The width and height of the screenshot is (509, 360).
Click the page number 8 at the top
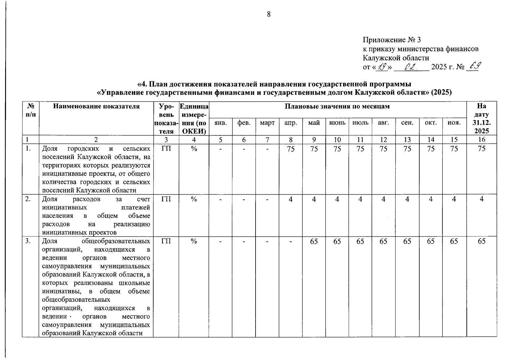click(268, 14)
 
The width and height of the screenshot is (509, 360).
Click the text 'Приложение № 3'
click(392, 40)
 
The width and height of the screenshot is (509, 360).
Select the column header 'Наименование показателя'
click(96, 106)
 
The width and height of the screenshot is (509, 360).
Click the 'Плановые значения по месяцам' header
click(337, 106)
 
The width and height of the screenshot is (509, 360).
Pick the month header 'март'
click(267, 123)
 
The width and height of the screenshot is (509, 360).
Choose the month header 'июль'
click(360, 123)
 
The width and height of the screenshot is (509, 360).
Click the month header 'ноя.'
click(454, 123)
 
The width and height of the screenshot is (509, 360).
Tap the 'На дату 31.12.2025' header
click(481, 118)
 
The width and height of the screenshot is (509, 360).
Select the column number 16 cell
click(481, 139)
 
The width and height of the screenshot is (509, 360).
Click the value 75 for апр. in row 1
click(290, 149)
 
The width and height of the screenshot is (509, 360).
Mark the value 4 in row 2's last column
click(481, 199)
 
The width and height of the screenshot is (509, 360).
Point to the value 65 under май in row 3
click(314, 241)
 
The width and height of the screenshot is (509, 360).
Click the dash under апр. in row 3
click(290, 241)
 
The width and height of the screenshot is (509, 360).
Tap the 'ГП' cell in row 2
click(166, 199)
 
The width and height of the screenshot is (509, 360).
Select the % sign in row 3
click(194, 241)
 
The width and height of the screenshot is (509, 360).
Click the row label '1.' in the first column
click(28, 148)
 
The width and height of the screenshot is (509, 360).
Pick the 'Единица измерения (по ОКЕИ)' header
click(194, 118)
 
